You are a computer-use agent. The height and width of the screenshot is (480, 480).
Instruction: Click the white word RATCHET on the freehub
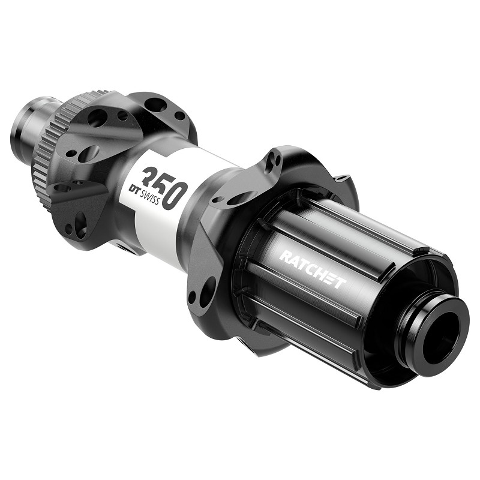tap(312, 270)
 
